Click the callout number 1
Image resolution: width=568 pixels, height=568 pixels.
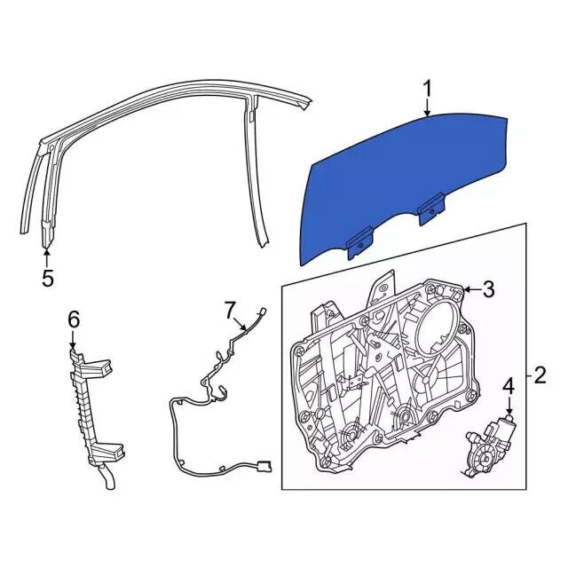click(x=427, y=89)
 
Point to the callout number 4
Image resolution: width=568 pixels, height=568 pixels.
click(x=509, y=386)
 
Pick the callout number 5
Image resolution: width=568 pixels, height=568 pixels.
click(x=47, y=278)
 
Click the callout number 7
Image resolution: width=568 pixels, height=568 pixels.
click(x=230, y=310)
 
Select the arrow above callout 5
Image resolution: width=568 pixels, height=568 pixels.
click(x=47, y=256)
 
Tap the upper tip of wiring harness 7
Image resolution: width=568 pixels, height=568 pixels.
click(x=264, y=310)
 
